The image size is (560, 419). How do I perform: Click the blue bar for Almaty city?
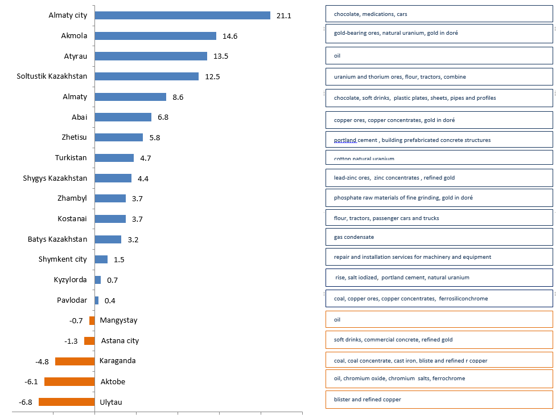[x=182, y=15]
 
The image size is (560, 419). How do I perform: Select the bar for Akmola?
[x=155, y=36]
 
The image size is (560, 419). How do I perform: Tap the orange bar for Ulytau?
[x=67, y=402]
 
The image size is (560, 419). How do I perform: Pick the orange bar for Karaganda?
[x=75, y=361]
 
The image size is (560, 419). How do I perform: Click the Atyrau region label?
[x=75, y=56]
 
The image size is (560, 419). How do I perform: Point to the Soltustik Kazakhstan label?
[x=52, y=76]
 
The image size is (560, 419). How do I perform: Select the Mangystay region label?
[x=118, y=320]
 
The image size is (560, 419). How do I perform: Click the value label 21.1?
[x=283, y=16]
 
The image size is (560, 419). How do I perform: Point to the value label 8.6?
[x=178, y=97]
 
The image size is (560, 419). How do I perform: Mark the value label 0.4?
[x=110, y=300]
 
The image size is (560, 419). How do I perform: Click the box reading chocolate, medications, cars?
[x=439, y=14]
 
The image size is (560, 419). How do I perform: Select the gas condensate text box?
[x=439, y=237]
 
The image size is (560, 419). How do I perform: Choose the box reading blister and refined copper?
[x=439, y=400]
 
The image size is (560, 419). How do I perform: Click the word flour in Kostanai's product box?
[x=340, y=218]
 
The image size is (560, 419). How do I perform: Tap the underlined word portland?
[x=345, y=140]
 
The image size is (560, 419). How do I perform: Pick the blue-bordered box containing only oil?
[x=439, y=56]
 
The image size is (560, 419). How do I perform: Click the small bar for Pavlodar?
[x=97, y=300]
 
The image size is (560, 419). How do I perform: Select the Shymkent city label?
[x=63, y=259]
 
